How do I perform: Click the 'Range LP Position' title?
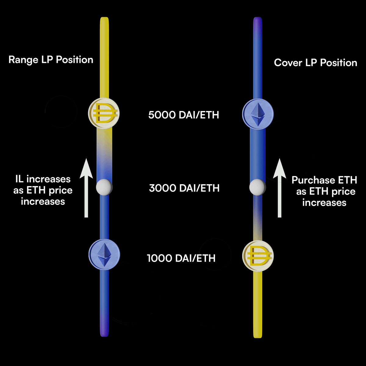tap(51, 59)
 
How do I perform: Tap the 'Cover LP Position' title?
tap(315, 63)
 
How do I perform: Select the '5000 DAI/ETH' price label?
tap(184, 115)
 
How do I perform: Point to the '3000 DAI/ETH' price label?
tap(184, 188)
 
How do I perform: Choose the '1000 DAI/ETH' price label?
tap(181, 258)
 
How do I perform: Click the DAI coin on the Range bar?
tap(104, 113)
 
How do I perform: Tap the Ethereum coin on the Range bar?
tap(104, 254)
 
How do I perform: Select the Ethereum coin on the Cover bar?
tap(258, 114)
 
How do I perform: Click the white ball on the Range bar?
tap(104, 187)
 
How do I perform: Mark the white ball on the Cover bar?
tap(257, 187)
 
